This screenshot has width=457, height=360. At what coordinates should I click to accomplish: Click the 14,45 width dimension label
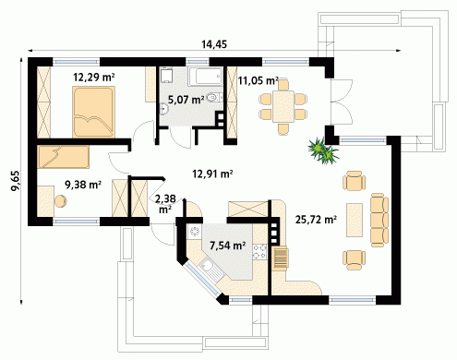[214, 44]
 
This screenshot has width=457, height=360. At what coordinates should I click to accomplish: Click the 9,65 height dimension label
[16, 181]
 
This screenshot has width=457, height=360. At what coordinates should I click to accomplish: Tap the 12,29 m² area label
[94, 77]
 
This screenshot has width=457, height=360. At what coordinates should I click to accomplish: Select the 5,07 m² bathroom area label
[186, 100]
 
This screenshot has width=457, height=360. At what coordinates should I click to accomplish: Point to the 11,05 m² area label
[259, 80]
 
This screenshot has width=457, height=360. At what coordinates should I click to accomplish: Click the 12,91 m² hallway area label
[212, 174]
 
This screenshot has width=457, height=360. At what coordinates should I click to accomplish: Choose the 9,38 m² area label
[83, 185]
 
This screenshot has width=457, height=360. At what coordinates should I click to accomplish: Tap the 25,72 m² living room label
[316, 220]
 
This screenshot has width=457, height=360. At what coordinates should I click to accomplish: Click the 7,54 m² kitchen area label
[228, 246]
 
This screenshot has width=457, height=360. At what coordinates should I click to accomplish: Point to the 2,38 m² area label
[165, 204]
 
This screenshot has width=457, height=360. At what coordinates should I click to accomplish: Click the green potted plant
[324, 150]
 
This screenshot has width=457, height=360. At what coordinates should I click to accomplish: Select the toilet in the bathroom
[213, 98]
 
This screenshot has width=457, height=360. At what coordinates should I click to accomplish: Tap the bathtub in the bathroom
[205, 76]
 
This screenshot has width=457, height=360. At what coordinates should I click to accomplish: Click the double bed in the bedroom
[94, 112]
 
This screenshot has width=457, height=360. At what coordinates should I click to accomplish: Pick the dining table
[283, 106]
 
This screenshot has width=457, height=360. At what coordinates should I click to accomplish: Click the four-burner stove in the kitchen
[259, 251]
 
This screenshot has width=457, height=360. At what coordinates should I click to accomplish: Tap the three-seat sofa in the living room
[379, 220]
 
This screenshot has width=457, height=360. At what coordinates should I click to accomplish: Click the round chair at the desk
[61, 201]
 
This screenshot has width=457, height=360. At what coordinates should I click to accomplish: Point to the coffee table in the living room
[355, 220]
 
